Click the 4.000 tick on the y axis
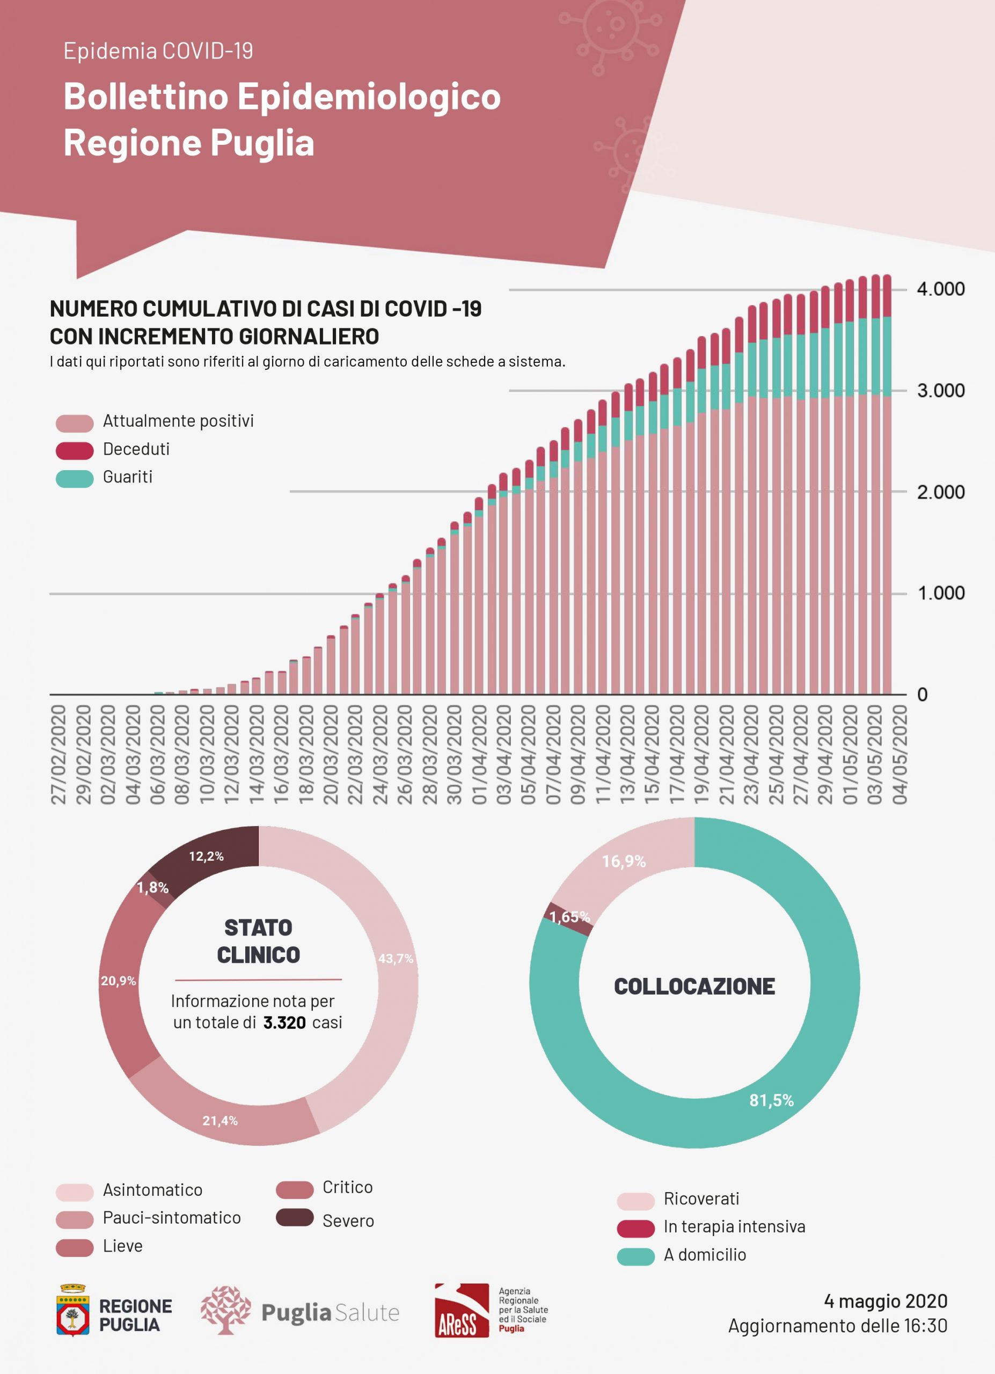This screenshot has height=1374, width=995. coord(940,289)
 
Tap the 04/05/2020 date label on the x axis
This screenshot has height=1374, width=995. coord(900,754)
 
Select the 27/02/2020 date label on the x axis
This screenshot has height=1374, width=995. coord(58,754)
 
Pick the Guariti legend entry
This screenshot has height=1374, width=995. coord(127,477)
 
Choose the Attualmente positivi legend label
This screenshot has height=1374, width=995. coord(178,421)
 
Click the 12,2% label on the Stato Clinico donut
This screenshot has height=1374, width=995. coord(206,856)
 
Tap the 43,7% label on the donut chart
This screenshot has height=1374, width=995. coord(396,959)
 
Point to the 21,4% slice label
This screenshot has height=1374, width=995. coord(220,1121)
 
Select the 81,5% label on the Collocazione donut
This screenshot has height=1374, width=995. coord(771,1100)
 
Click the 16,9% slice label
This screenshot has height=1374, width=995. coord(624,861)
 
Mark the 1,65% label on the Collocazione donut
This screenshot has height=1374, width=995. coord(569,917)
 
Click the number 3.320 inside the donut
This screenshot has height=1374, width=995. coord(284,1022)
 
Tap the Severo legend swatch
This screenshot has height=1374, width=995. coord(294,1217)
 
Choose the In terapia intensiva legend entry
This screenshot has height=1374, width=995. coord(734,1227)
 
